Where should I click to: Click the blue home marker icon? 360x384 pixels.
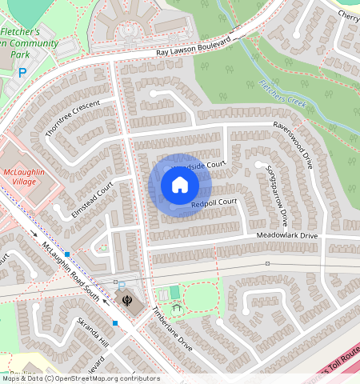180,186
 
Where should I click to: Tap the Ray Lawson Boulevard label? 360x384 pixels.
197,46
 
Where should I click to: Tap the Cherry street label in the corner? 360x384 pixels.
348,15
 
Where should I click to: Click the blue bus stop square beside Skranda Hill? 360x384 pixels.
115,323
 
